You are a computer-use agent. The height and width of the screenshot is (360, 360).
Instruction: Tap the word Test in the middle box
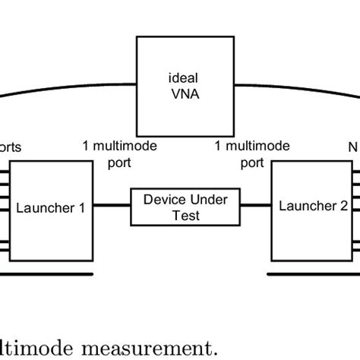(x=186, y=213)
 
